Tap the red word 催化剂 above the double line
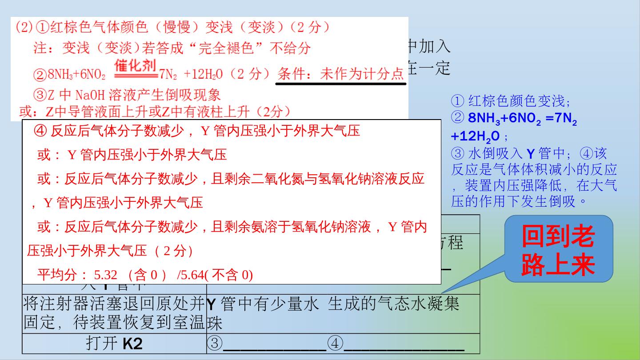click(x=135, y=66)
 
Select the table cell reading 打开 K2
click(x=114, y=344)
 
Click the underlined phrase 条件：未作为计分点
click(x=340, y=74)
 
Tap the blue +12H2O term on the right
click(x=475, y=136)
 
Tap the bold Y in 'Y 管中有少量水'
click(x=212, y=304)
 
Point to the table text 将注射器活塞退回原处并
click(x=114, y=304)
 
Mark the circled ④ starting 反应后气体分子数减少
click(x=40, y=131)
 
